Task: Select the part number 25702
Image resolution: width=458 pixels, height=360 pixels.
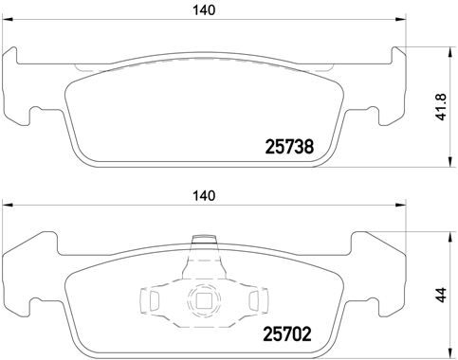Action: [287, 333]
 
